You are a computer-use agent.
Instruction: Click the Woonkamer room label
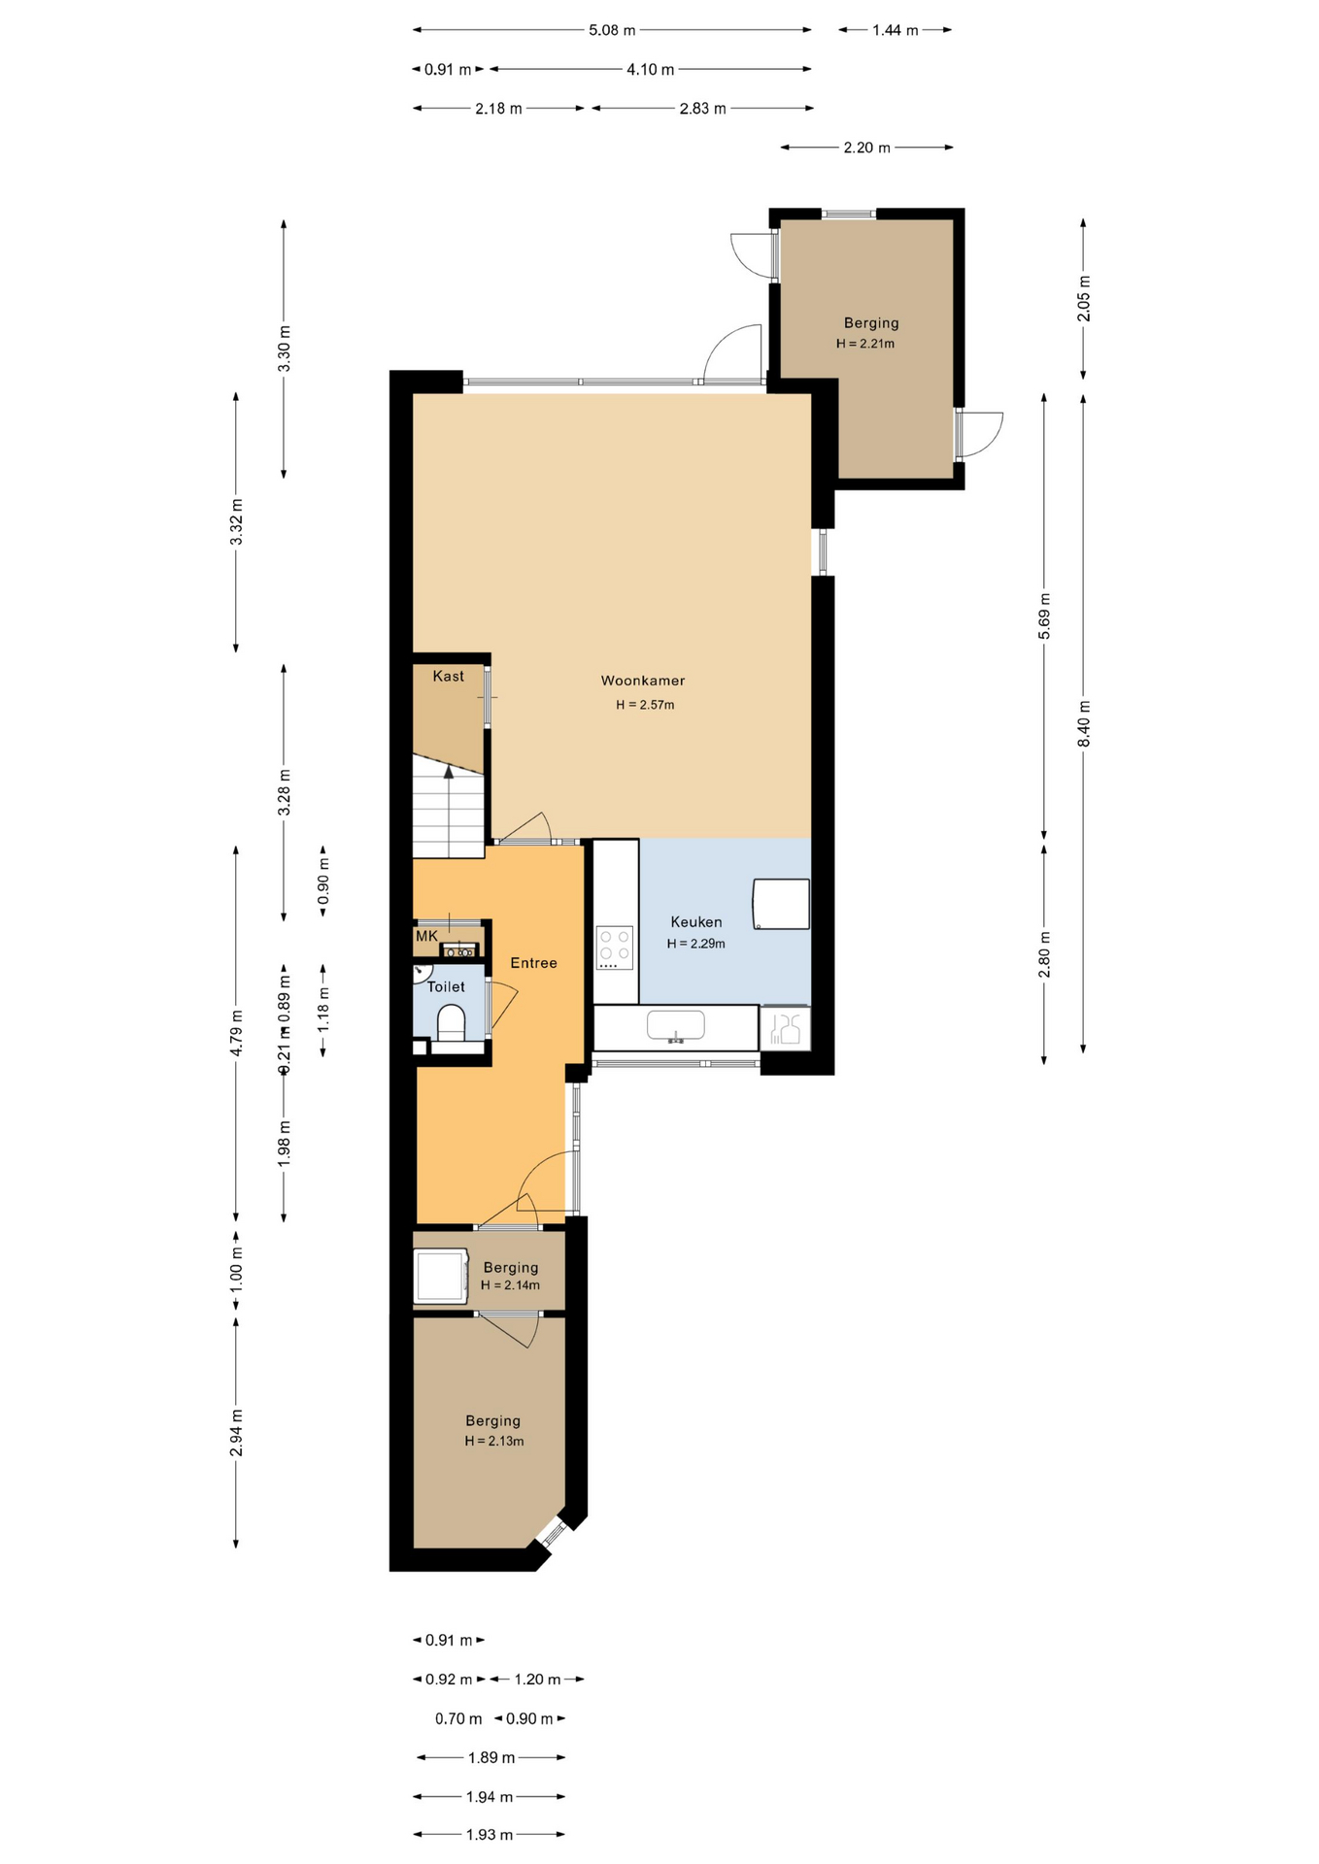(x=642, y=681)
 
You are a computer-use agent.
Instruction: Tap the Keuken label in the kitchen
(x=695, y=922)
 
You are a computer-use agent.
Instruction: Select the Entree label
(x=533, y=963)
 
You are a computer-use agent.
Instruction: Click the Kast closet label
(x=448, y=676)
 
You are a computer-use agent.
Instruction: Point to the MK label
(x=426, y=936)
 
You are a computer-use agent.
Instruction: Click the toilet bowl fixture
(x=451, y=1022)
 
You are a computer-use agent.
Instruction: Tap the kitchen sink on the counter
(x=676, y=1025)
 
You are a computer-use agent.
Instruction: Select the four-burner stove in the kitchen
(x=614, y=949)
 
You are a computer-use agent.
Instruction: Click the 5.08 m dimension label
(x=612, y=30)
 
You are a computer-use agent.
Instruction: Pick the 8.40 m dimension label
(x=1084, y=723)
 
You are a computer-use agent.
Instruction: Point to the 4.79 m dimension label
(x=236, y=1033)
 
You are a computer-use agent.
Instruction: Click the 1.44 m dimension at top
(x=895, y=30)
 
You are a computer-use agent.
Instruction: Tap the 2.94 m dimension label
(x=236, y=1433)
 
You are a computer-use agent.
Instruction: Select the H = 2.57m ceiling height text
(x=645, y=705)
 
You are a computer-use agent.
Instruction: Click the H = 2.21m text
(x=865, y=344)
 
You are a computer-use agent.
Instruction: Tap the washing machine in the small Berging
(x=442, y=1276)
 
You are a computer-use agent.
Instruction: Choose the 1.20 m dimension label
(x=537, y=1679)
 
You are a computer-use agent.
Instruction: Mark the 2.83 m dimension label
(x=702, y=109)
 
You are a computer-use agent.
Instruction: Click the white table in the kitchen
(x=782, y=904)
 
